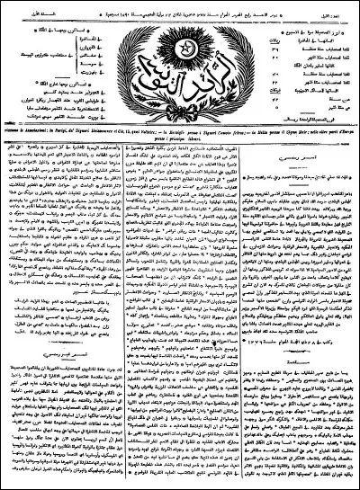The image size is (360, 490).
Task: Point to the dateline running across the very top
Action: click(x=180, y=4)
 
